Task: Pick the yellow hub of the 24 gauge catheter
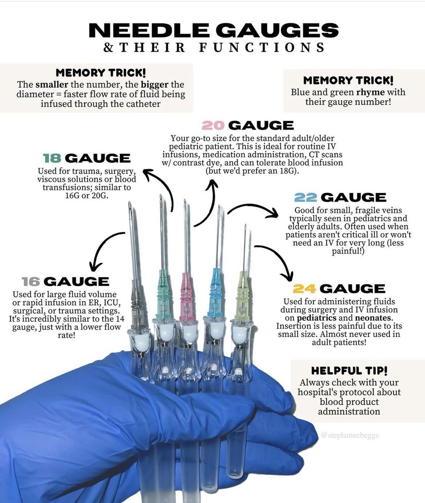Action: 242,293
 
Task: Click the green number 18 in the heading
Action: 52,158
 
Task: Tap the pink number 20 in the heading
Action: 214,125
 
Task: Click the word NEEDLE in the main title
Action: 143,31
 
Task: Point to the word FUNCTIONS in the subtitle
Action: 270,47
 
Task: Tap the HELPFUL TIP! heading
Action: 349,371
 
